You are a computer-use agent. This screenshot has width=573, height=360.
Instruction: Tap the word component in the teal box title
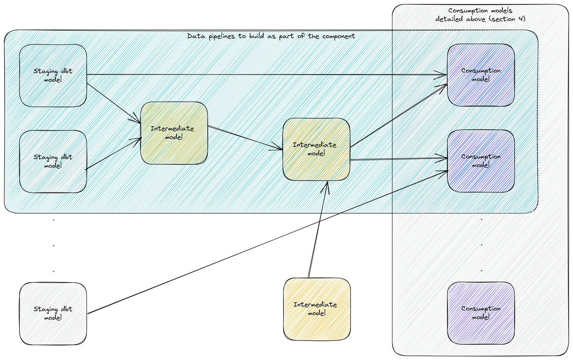click(x=339, y=36)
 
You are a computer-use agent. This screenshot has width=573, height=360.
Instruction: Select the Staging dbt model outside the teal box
click(x=53, y=313)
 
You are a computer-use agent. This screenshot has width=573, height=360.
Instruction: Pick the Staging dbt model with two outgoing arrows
click(x=53, y=75)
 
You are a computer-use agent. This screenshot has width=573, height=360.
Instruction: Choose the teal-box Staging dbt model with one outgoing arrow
click(x=53, y=161)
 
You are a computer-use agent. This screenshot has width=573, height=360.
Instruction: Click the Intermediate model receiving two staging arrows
click(x=174, y=133)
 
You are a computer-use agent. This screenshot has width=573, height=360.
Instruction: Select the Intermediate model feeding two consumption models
click(x=316, y=149)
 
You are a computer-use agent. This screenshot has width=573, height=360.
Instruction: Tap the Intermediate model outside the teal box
click(x=317, y=309)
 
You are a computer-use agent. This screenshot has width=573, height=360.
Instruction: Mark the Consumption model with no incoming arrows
click(x=481, y=313)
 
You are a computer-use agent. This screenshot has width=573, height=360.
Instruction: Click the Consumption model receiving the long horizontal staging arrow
click(x=481, y=75)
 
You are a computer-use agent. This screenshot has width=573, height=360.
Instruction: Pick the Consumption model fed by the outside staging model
click(x=481, y=161)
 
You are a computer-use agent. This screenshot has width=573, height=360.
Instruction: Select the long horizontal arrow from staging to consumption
click(x=267, y=74)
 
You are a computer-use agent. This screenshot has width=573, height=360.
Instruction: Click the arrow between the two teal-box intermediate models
click(x=245, y=138)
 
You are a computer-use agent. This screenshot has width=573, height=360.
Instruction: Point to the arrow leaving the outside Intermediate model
click(x=318, y=229)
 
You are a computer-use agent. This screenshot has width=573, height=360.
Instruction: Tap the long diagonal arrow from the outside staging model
click(x=267, y=242)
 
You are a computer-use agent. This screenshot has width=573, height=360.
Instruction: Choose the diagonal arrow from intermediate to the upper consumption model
click(x=399, y=116)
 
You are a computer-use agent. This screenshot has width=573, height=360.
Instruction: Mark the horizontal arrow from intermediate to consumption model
click(x=399, y=159)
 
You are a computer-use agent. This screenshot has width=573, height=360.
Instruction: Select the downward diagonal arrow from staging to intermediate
click(x=114, y=104)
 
